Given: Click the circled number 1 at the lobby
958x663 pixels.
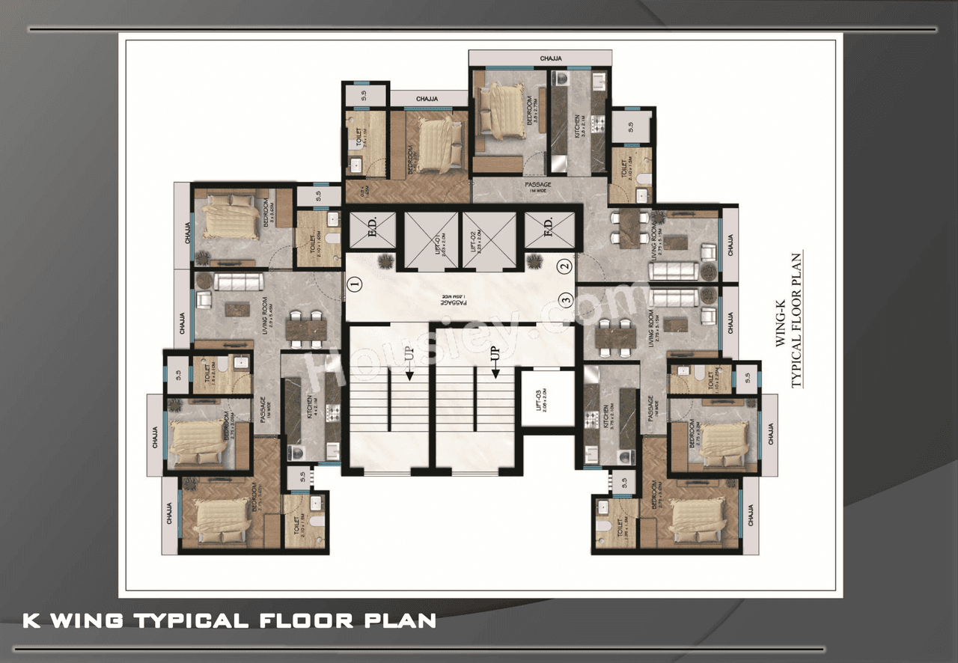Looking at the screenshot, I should point(355,284).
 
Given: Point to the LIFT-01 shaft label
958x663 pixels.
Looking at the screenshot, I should point(431,242).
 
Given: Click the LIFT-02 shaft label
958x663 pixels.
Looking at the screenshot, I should point(489,242).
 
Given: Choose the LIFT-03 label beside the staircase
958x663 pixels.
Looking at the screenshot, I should point(546,397).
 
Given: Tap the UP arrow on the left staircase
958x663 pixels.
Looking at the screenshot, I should point(409,361).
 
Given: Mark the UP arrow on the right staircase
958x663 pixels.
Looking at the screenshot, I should point(494,361).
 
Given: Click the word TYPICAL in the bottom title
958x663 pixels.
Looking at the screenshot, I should point(189,620).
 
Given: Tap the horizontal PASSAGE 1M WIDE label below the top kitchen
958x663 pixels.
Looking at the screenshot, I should point(538,188).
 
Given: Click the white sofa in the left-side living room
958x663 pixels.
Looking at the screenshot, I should point(238,281).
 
